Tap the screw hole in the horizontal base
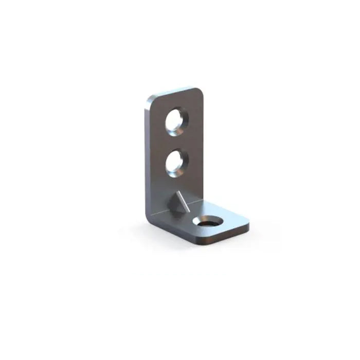tap(208, 222)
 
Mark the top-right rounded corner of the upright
tap(199, 92)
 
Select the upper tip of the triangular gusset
tap(179, 192)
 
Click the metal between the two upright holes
tap(176, 142)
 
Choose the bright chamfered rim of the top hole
tap(181, 113)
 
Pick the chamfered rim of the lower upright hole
tap(181, 155)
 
